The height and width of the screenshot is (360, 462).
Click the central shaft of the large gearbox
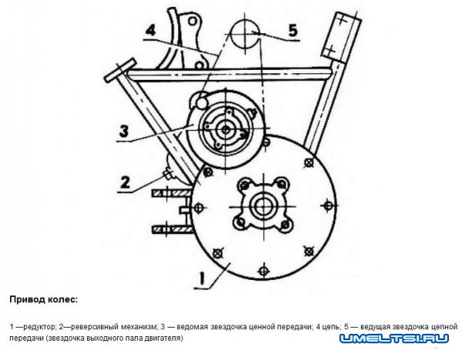[264, 207]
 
